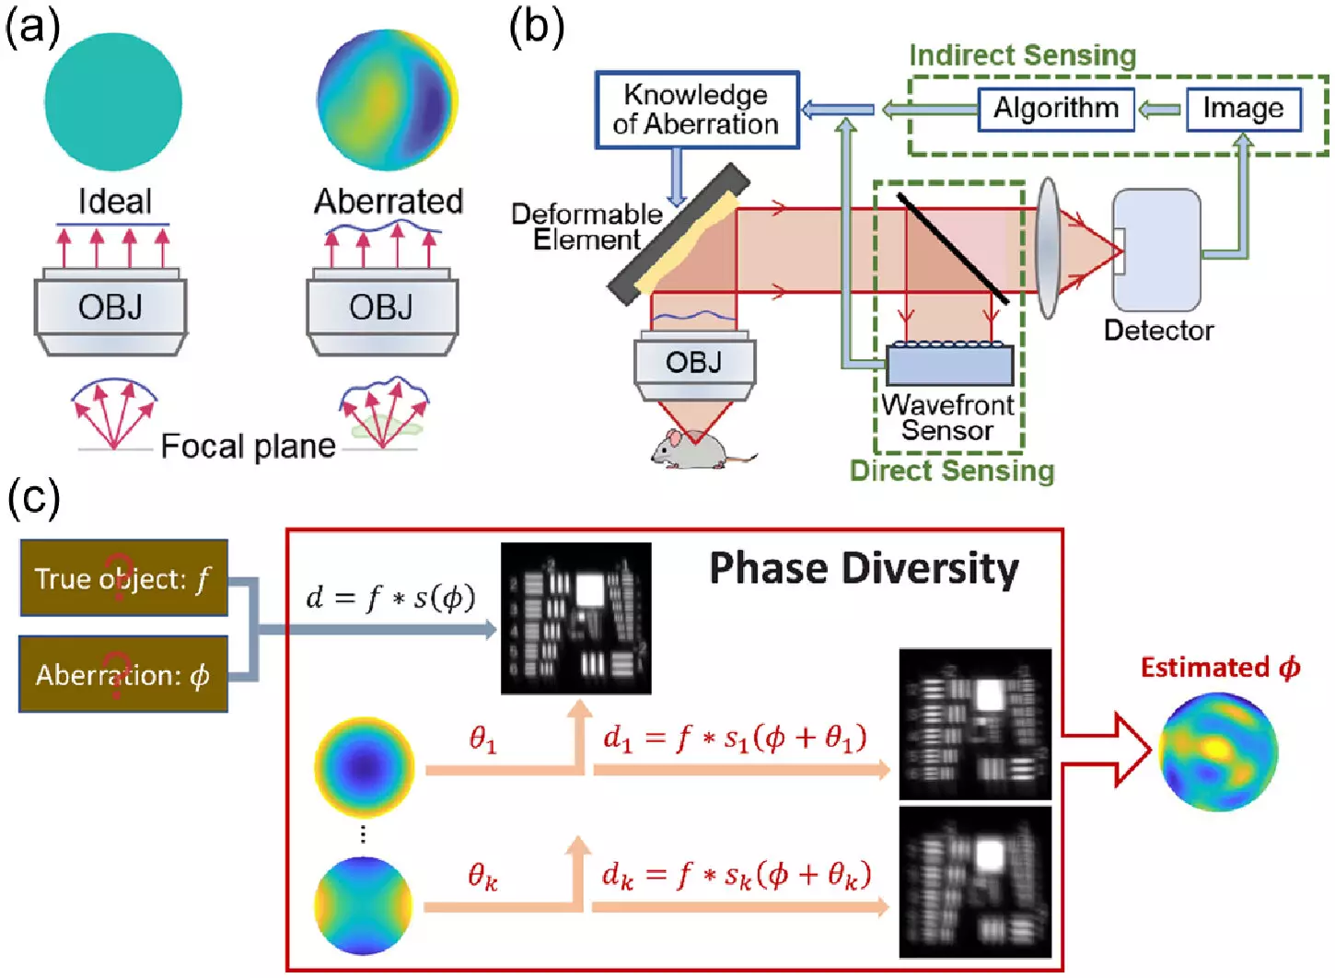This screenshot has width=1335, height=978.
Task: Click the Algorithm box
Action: coord(1055,110)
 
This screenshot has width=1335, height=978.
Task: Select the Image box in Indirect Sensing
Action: coord(1243,110)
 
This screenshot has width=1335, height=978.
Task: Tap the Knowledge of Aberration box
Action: coord(696,110)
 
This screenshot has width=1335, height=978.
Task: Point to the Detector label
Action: coord(1158,331)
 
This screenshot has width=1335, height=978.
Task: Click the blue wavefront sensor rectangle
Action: coord(949,366)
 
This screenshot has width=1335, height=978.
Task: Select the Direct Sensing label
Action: coord(951,471)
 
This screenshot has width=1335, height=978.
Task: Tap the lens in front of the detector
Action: coord(1048,248)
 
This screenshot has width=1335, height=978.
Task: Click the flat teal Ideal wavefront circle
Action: coord(112,101)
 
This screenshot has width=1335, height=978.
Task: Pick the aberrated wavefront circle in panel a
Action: coord(387,99)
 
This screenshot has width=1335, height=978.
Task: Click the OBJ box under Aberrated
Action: coord(381,308)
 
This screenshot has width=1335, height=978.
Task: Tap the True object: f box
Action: coord(123,578)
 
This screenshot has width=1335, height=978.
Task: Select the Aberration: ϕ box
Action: coord(123,675)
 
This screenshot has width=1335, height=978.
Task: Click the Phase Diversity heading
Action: coord(864,568)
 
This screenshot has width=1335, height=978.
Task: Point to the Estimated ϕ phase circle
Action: coord(1217,751)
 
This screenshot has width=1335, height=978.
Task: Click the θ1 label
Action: coord(482,739)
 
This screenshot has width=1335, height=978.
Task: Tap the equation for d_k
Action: coord(737,875)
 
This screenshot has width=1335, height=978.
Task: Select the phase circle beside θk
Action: coord(364,905)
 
